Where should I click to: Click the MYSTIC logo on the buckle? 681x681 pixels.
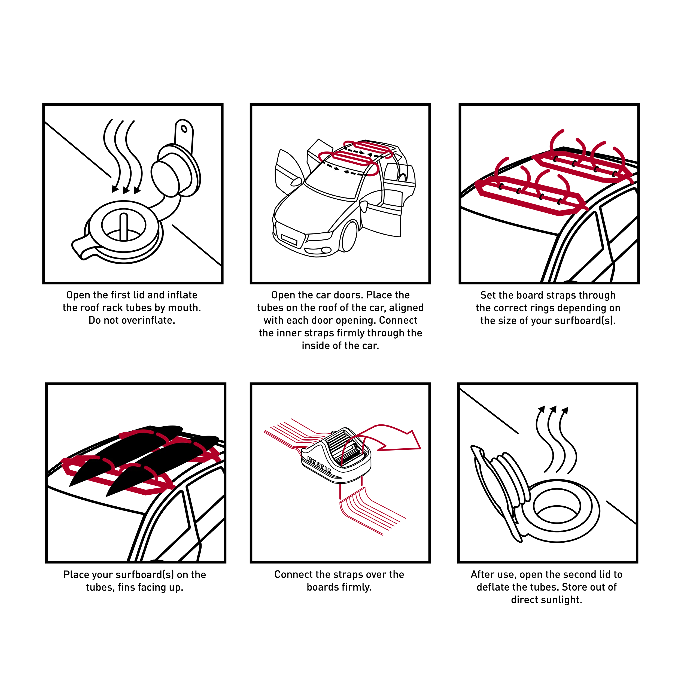point(319,465)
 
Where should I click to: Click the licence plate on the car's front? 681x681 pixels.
point(289,240)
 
